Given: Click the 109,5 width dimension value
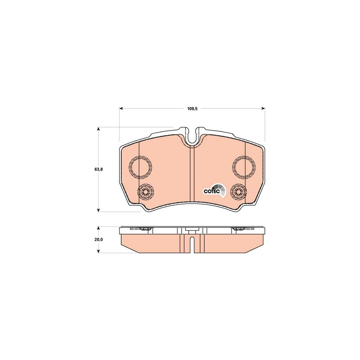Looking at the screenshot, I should point(192,108).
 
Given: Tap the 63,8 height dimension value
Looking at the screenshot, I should point(99,170).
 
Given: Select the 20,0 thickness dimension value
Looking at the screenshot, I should point(99,239).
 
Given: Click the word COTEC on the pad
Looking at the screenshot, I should point(211,191).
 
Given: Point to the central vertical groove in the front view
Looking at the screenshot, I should point(192,176).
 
